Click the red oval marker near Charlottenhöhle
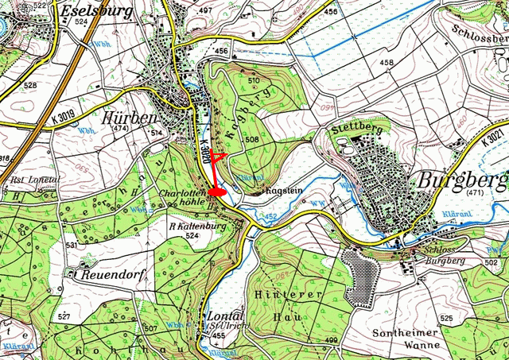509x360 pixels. [216, 192]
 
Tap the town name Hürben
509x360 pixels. [130, 116]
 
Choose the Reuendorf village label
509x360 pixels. [105, 274]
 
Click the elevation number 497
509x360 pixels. [207, 10]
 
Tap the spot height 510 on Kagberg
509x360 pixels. [254, 81]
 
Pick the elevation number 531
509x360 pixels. [72, 246]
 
